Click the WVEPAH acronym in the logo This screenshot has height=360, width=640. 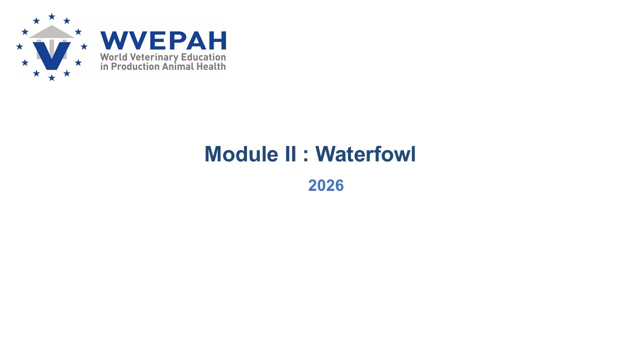[163, 40]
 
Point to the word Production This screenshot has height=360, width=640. [135, 66]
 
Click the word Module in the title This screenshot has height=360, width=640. [241, 154]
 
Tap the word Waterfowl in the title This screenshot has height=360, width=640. [365, 154]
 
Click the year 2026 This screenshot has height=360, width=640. [326, 185]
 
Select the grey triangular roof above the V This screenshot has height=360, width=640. [51, 31]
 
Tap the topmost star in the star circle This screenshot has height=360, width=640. [51, 16]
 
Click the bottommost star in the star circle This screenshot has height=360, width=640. [51, 77]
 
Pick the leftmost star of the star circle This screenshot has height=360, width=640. [19, 46]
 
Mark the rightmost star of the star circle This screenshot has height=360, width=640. [84, 46]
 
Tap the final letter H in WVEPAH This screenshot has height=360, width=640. [218, 40]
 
